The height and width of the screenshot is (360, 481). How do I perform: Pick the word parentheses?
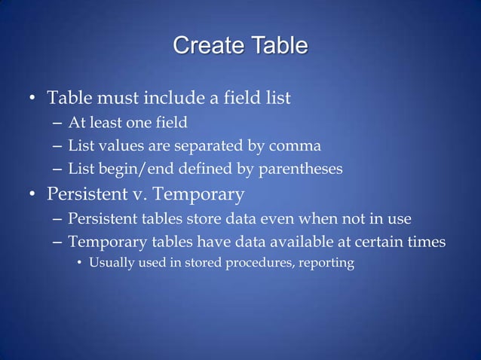pyautogui.click(x=301, y=169)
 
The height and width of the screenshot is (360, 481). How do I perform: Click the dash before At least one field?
pyautogui.click(x=58, y=123)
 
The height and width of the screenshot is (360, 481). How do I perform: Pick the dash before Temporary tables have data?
pyautogui.click(x=58, y=243)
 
